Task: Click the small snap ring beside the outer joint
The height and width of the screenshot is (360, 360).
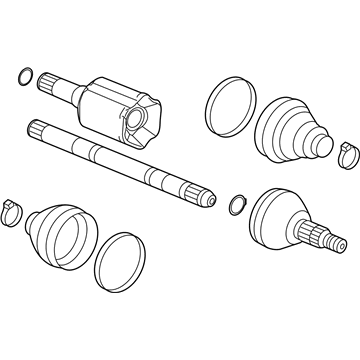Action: pos(235,204)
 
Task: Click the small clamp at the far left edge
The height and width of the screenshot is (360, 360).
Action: pos(13,211)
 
